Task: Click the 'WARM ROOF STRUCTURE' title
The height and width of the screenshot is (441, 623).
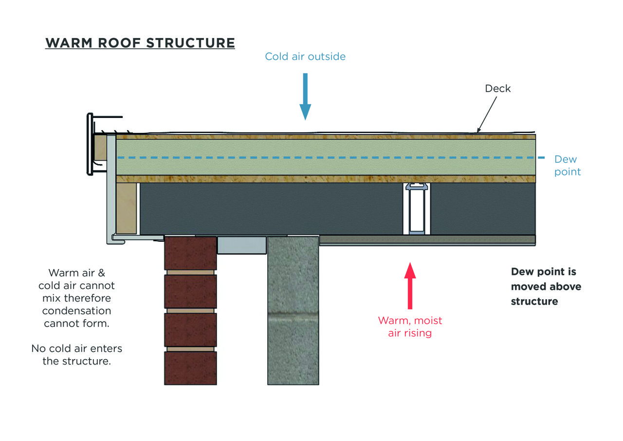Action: pos(140,43)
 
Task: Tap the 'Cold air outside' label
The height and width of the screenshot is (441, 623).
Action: pos(305,57)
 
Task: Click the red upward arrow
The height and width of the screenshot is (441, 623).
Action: pos(410,285)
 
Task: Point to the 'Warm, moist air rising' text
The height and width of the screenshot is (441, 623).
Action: pos(410,326)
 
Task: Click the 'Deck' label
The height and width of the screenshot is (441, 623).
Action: pos(498,88)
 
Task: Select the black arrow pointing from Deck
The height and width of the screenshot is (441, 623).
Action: pos(487,114)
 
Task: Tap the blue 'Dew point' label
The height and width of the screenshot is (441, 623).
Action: pos(567,166)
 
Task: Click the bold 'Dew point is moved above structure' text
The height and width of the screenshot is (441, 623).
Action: pos(546,287)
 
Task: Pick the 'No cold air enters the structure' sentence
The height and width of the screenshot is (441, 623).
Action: pos(77,355)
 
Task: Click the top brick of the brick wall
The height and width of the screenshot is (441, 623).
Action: pos(190,252)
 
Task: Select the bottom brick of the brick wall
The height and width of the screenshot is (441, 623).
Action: pos(190,368)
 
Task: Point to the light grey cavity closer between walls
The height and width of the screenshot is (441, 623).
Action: pos(241,245)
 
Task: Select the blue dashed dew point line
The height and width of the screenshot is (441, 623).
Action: pos(326,157)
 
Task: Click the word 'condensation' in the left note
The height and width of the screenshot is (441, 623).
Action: pos(77,310)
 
